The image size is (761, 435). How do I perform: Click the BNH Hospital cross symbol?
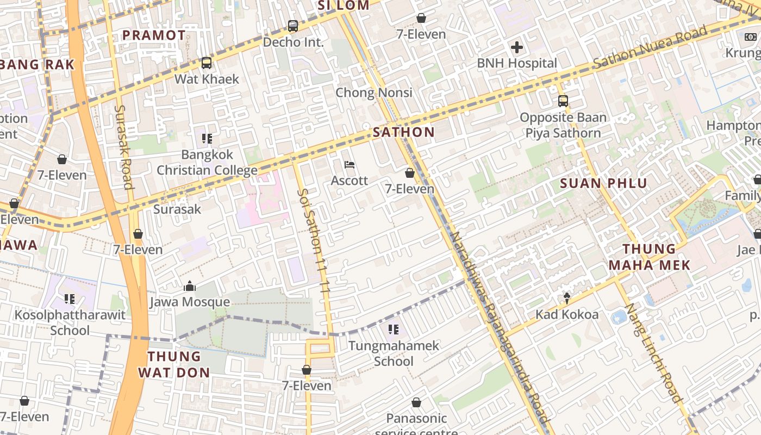coord(516,47)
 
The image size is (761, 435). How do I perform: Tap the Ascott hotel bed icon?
coord(350,165)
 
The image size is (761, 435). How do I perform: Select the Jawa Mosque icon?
coord(190,286)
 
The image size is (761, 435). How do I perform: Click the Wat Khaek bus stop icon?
coord(206,63)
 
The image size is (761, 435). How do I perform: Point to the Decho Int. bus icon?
coord(292,26)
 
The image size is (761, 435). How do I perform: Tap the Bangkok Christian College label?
coord(207,163)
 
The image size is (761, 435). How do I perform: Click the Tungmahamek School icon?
coord(394,330)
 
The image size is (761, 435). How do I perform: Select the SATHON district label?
coord(403,132)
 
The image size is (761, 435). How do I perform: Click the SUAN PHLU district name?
coord(603,183)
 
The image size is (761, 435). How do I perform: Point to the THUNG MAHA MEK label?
coord(649,257)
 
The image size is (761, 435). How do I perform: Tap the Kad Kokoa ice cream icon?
coord(567,298)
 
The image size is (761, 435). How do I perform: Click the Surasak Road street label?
coord(123,147)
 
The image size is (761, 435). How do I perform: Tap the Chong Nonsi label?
coord(373,92)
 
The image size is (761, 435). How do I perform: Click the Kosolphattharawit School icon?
coord(69,299)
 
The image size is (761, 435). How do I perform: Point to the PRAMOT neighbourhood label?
coord(153,35)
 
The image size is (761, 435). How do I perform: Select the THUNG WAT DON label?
coord(174,364)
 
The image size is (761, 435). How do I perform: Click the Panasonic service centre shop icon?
coord(416,403)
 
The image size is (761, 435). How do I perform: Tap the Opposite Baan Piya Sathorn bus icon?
coord(563,101)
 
